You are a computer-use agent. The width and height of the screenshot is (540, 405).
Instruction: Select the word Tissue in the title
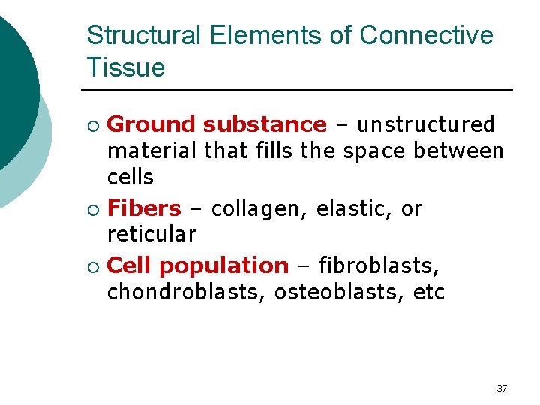coord(125,68)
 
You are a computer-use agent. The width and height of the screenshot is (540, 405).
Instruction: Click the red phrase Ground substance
coord(217,124)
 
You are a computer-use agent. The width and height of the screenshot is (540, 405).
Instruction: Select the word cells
coord(130,178)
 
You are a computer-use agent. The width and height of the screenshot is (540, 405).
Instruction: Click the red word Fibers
coord(145,208)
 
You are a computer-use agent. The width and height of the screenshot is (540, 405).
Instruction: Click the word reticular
coord(152,235)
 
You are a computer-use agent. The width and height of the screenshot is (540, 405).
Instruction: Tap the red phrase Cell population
coord(198,266)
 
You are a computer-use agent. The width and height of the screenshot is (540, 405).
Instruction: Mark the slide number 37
coord(502,388)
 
